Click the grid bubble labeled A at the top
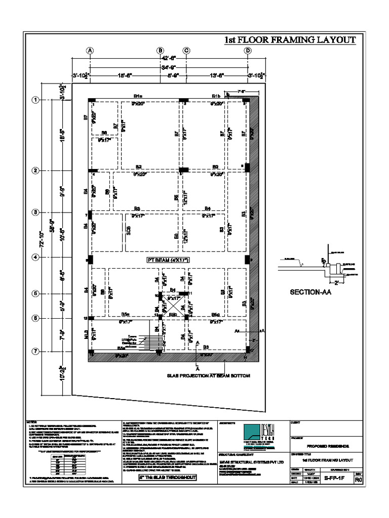90,51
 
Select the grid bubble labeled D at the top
248,51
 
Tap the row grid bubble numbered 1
36,100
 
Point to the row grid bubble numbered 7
36,351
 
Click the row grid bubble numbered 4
36,257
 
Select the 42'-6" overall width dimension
169,58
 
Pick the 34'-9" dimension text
169,67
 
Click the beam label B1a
138,96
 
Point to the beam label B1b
216,96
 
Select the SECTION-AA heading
309,292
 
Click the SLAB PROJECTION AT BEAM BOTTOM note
208,376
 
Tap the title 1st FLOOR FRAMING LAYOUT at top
290,40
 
